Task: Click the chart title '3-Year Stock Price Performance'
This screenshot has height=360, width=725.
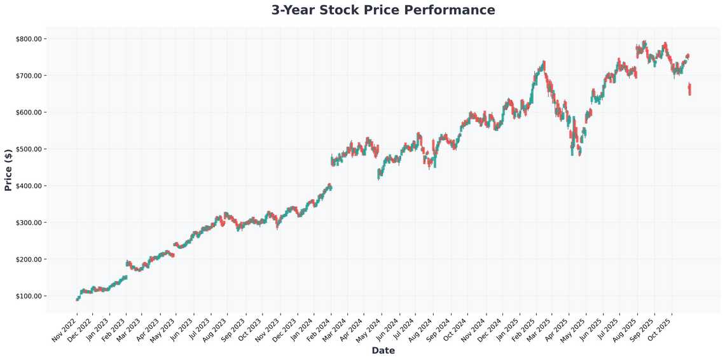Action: click(383, 10)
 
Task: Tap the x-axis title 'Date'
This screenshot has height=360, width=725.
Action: click(383, 350)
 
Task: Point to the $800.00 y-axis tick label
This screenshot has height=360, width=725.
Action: click(29, 39)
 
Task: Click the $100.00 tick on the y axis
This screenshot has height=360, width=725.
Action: click(29, 296)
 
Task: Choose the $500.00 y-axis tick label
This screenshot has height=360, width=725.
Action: click(29, 149)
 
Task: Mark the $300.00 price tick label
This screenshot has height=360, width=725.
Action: click(29, 223)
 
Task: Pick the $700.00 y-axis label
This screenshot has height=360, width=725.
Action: click(29, 76)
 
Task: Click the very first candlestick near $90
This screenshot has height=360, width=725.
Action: click(77, 299)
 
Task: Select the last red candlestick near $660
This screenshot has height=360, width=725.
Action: click(689, 89)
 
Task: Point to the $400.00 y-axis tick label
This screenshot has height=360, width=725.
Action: click(29, 186)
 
